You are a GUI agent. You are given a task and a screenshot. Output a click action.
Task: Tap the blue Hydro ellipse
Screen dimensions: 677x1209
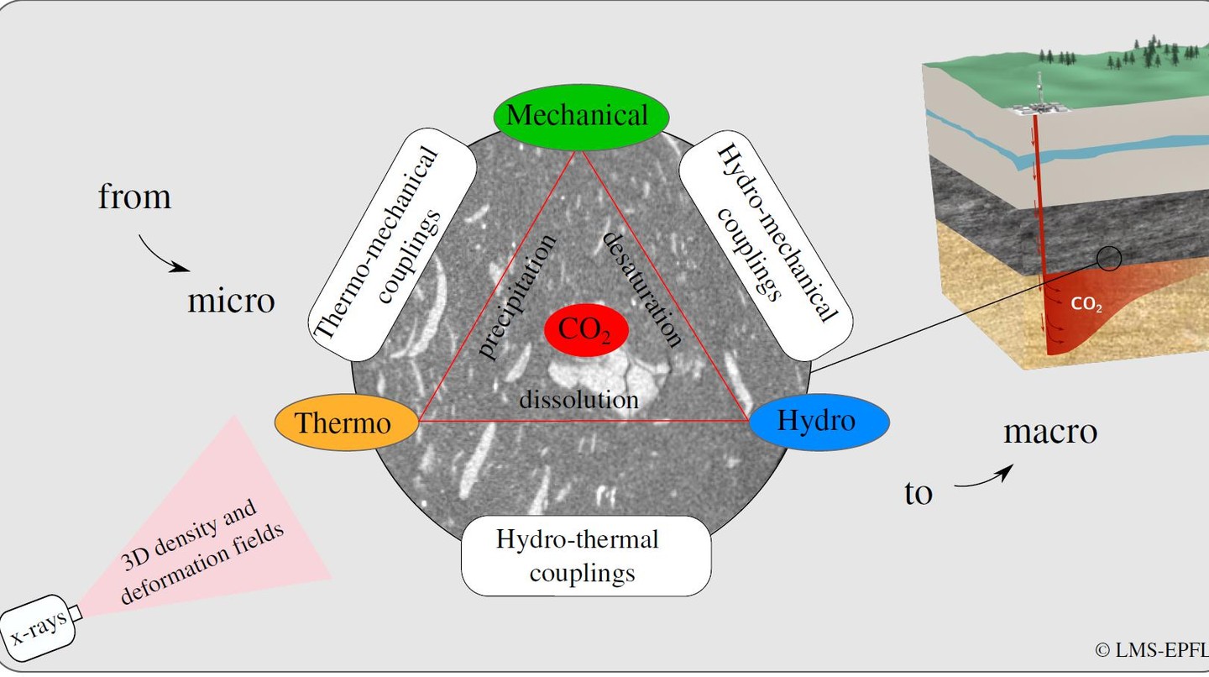point(818,420)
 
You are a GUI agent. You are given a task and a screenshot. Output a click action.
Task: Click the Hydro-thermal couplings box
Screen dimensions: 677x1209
point(586,555)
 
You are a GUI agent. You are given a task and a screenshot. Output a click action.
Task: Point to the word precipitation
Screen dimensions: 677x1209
point(517,296)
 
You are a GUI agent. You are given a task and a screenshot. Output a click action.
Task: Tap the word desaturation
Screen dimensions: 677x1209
point(643,287)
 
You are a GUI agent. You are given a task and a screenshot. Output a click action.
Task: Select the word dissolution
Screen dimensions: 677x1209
point(578,398)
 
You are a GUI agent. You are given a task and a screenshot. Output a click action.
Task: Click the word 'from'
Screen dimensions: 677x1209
point(134,197)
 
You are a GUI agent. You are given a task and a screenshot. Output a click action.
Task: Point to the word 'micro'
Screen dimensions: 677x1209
point(231,300)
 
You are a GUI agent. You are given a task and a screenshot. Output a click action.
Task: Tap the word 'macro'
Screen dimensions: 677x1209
point(1050,431)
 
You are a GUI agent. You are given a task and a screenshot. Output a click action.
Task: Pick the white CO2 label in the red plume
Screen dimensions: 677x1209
point(1086,305)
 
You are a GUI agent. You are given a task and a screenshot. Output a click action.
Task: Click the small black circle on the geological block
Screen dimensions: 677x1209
point(1109,260)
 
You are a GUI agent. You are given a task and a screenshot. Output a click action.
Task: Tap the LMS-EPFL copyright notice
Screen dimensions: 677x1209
point(1151,649)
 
